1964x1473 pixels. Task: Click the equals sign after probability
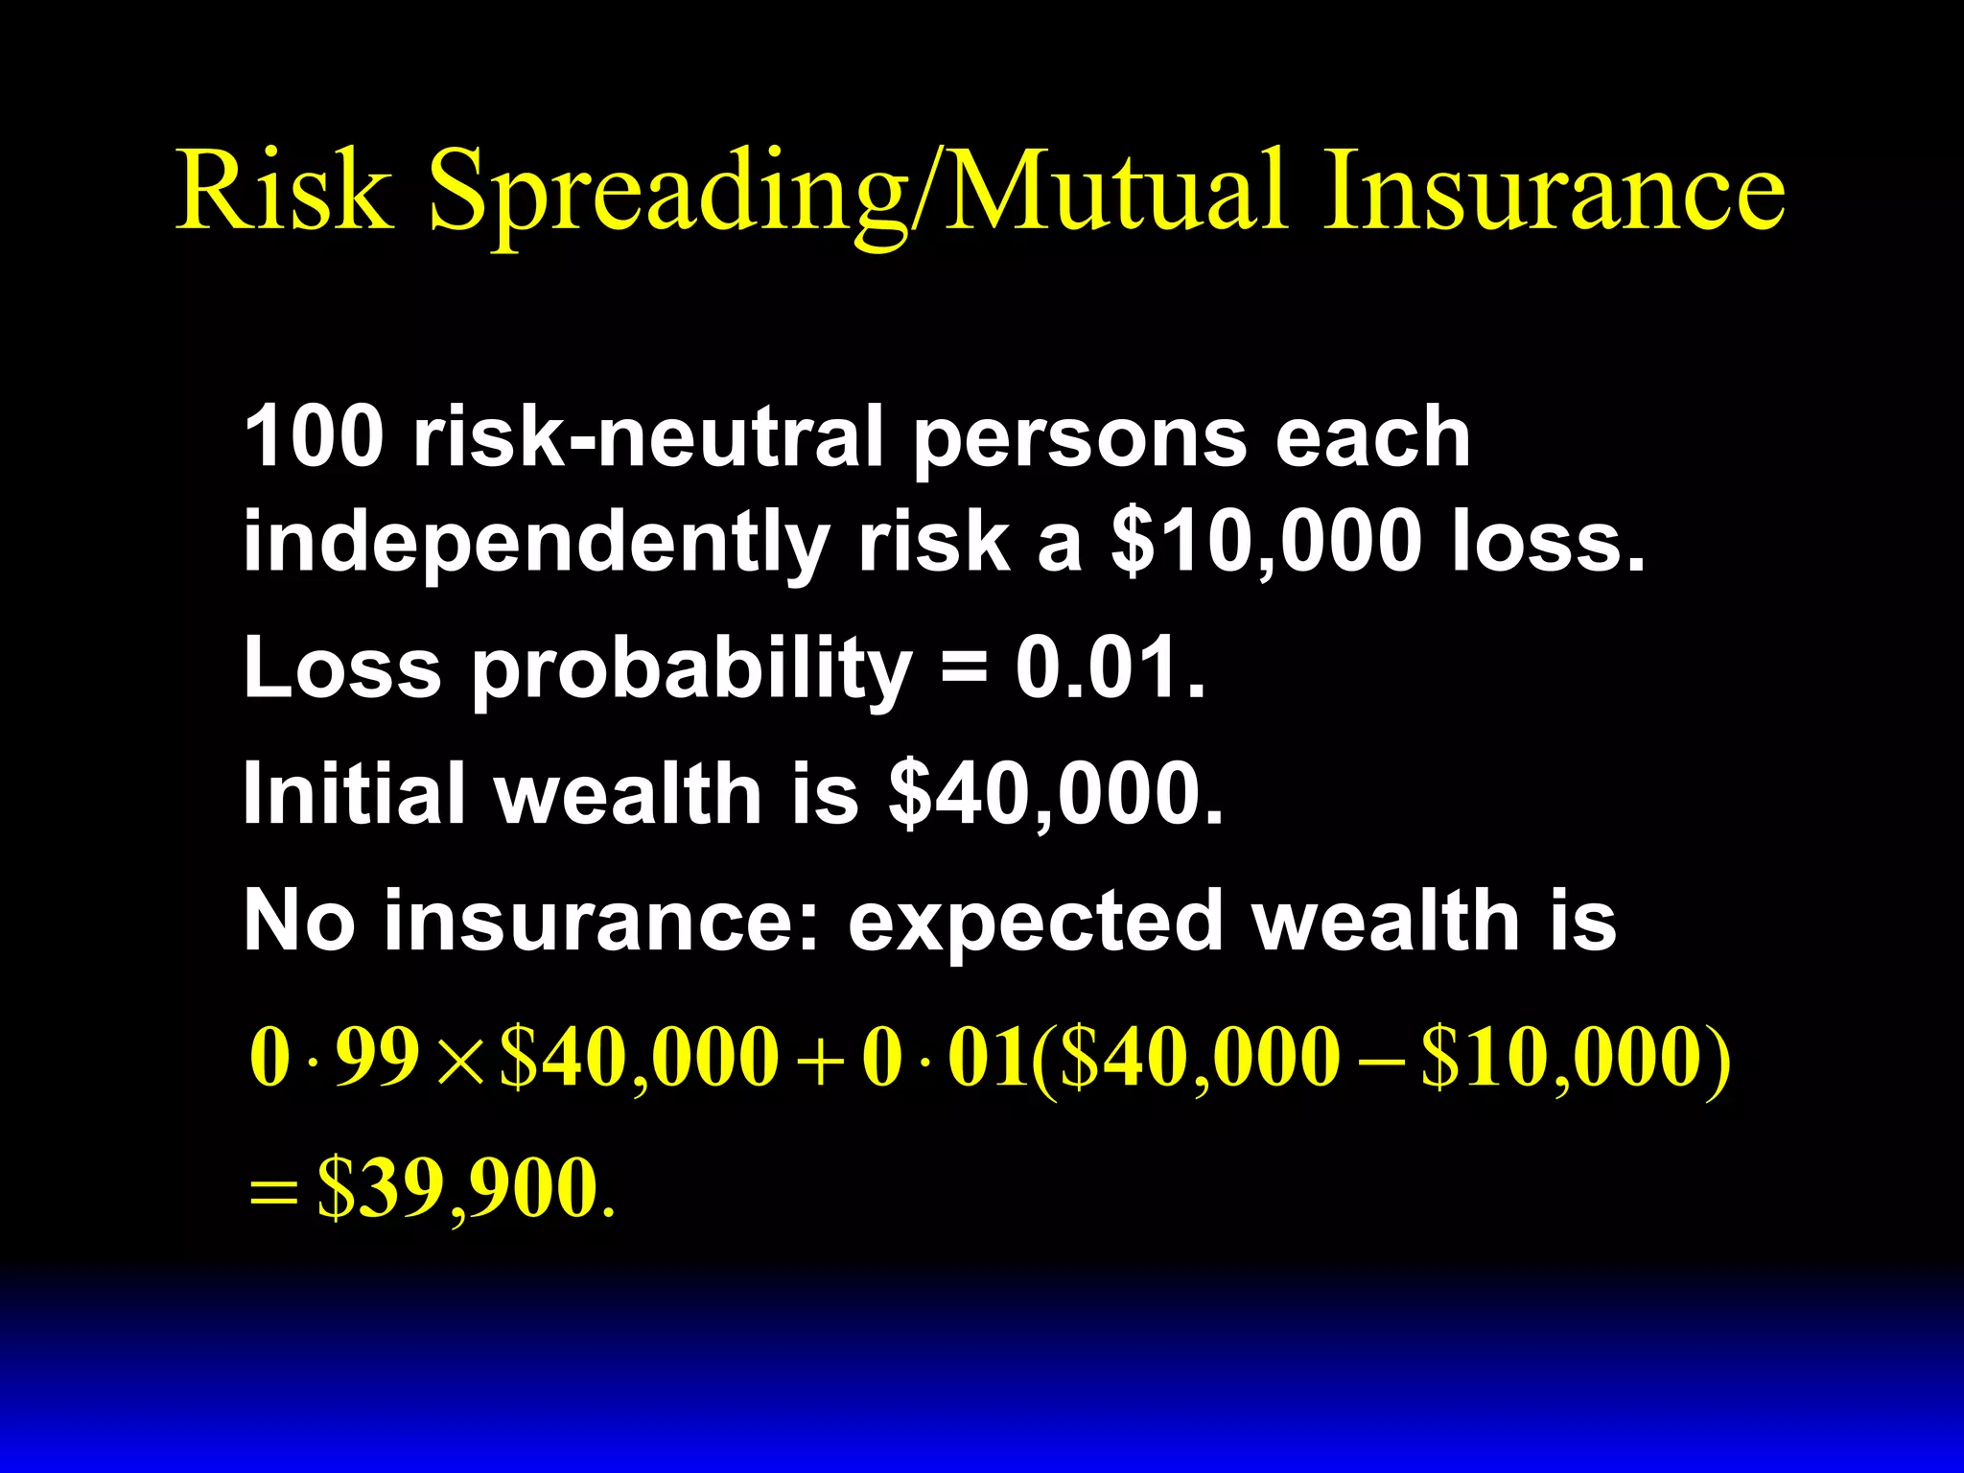point(964,667)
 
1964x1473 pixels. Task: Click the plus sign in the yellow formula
point(820,1060)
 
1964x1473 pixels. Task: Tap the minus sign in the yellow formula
point(1381,1060)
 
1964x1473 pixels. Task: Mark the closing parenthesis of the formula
point(1720,1060)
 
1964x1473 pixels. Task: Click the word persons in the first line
point(1079,438)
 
